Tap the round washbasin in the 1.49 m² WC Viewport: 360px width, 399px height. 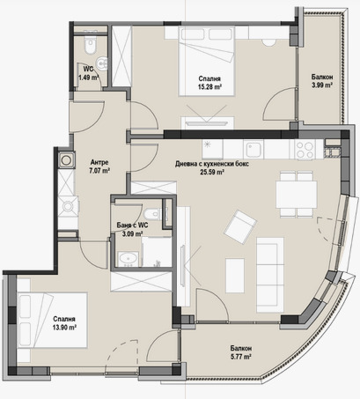(103, 64)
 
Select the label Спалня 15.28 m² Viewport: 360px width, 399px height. (209, 83)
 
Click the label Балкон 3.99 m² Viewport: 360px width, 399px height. (322, 81)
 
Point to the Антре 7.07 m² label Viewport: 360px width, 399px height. (99, 166)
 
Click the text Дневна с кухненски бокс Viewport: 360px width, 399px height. (212, 164)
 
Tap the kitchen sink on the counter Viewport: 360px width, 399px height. (254, 150)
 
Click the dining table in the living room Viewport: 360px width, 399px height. (297, 194)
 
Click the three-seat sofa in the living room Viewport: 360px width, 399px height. (270, 275)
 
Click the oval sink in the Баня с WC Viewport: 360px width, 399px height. (128, 258)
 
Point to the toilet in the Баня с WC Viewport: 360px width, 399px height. (153, 214)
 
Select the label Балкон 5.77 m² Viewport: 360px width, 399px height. (241, 352)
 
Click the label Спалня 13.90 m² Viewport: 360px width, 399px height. (64, 323)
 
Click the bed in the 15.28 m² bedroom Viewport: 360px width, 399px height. (207, 62)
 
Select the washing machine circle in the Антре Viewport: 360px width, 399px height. (66, 160)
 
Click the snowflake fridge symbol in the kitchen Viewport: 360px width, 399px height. (208, 144)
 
